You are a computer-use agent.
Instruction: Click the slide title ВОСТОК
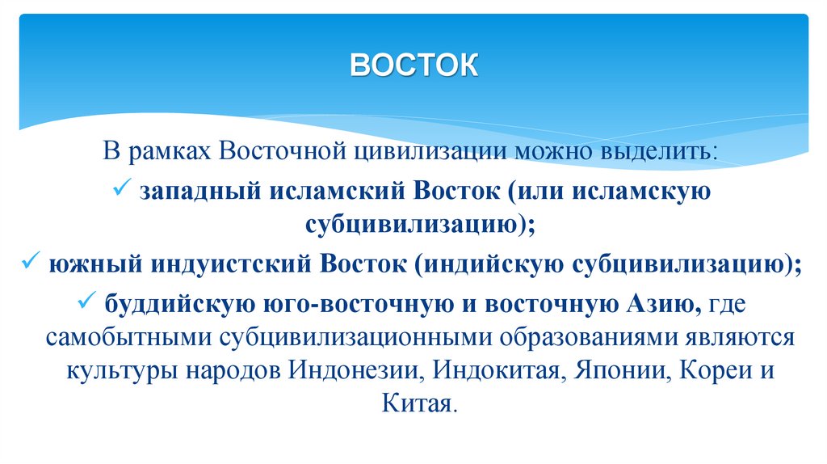pyautogui.click(x=413, y=64)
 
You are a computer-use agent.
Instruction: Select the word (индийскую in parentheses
pyautogui.click(x=493, y=264)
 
